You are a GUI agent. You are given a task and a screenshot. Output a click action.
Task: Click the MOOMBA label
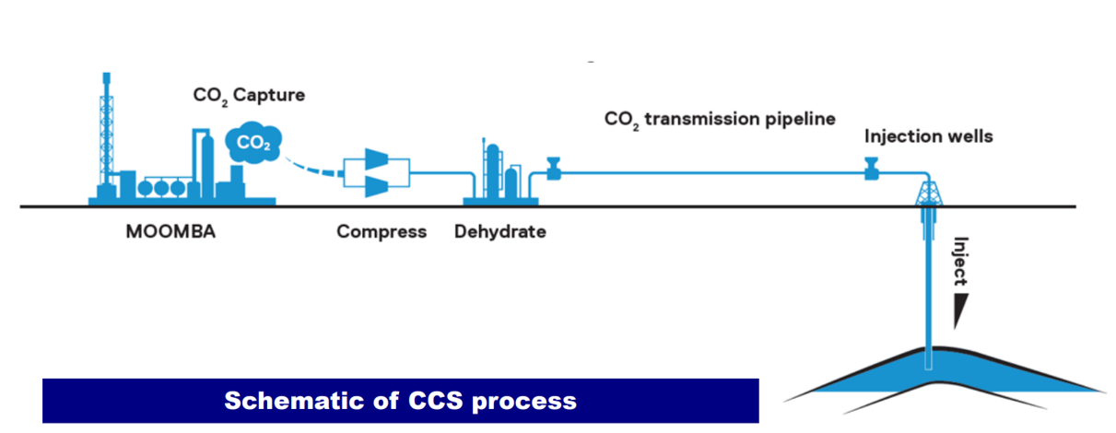170,231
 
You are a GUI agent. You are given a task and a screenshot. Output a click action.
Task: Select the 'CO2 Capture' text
248,94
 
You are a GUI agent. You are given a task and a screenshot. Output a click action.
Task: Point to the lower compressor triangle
377,186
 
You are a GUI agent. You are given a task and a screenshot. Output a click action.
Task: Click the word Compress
382,231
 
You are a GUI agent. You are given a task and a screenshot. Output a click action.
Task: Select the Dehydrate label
499,231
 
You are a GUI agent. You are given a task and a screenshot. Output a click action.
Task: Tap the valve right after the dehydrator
555,169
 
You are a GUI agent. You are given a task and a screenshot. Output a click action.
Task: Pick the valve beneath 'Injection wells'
870,169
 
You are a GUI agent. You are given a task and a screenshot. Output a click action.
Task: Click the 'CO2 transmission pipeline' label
720,119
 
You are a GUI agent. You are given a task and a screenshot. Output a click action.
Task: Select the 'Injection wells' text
928,137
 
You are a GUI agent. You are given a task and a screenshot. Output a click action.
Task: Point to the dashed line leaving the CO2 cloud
312,169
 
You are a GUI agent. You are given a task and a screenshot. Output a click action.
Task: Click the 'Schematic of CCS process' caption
400,401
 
